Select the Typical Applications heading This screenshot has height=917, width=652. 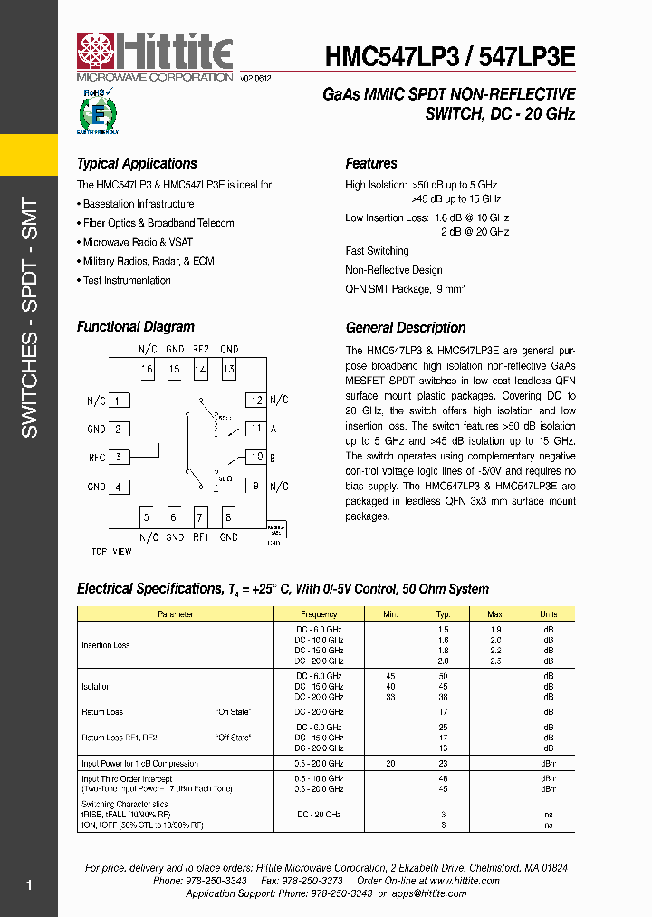tap(137, 164)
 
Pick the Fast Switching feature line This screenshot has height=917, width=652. tap(377, 251)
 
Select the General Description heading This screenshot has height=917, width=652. tap(406, 328)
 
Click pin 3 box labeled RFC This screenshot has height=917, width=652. tap(119, 458)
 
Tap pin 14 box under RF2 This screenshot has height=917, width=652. tap(201, 370)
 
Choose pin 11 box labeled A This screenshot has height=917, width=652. tap(256, 429)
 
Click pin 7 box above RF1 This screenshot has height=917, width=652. tap(201, 517)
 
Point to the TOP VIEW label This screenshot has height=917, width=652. tap(111, 551)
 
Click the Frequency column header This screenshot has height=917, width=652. tap(319, 614)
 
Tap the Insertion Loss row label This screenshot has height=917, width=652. tap(106, 645)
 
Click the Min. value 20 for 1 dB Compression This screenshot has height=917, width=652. tap(390, 764)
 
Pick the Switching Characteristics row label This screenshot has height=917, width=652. tap(125, 805)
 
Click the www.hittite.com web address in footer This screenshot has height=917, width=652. tap(464, 881)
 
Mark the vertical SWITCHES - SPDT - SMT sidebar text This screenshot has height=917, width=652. tap(29, 317)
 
